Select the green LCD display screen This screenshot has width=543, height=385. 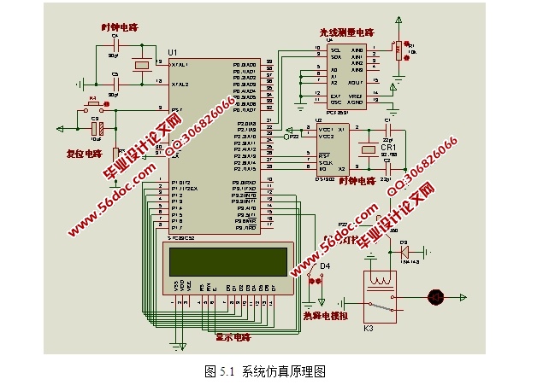click(227, 259)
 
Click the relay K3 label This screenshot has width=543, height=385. click(369, 328)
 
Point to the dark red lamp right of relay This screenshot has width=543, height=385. click(436, 295)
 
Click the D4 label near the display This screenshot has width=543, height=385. click(325, 266)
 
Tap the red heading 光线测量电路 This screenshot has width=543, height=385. click(346, 31)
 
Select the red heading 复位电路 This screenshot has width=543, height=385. click(83, 155)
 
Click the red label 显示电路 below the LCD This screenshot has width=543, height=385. click(233, 337)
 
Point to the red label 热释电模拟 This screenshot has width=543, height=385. click(327, 315)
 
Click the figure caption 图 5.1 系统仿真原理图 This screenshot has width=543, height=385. click(266, 371)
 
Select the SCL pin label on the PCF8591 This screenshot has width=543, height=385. click(336, 50)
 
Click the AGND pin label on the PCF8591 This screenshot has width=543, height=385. click(355, 102)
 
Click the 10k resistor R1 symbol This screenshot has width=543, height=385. click(398, 51)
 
